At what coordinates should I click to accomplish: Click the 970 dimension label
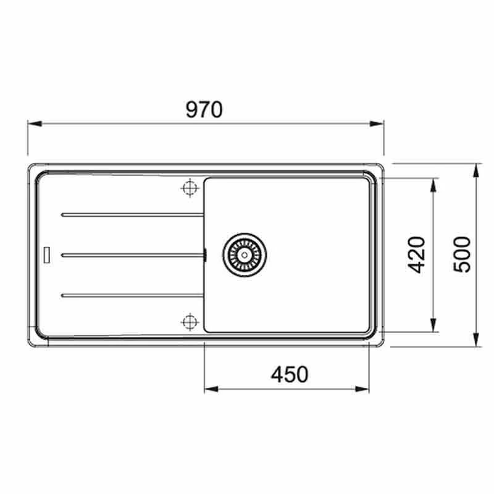(x=204, y=109)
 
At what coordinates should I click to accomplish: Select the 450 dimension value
(x=289, y=374)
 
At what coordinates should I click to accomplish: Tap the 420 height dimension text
(x=417, y=254)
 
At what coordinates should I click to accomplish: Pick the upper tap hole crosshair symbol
(x=189, y=188)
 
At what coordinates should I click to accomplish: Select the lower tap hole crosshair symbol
(x=189, y=320)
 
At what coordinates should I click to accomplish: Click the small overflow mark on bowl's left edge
(x=204, y=254)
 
